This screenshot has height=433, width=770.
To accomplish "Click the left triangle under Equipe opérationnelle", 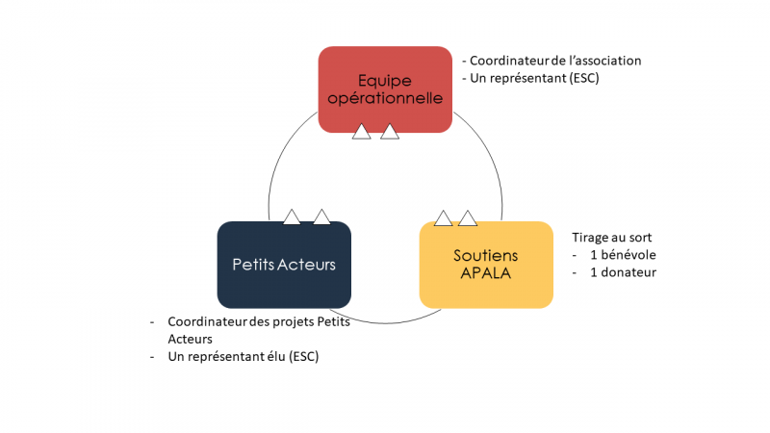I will click(x=362, y=132).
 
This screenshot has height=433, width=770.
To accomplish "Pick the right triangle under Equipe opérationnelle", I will click(x=390, y=132).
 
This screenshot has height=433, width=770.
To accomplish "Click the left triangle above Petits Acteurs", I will click(x=293, y=217).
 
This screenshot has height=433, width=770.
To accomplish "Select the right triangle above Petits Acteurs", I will click(x=321, y=217).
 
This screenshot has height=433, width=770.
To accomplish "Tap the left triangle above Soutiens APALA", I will click(x=443, y=218).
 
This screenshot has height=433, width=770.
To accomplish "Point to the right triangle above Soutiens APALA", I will click(x=468, y=218).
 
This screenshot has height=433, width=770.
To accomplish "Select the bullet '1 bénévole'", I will click(x=624, y=255).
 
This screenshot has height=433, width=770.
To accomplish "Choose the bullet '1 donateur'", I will click(x=623, y=272).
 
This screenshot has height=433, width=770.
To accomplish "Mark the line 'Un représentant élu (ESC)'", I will click(x=243, y=357).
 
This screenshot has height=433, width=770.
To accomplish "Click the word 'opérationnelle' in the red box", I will click(x=385, y=98).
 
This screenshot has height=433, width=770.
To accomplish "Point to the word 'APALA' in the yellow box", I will click(x=486, y=272).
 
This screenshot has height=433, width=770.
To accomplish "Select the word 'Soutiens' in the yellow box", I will click(x=486, y=255).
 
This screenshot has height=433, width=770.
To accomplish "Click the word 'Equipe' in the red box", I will click(x=385, y=80).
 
